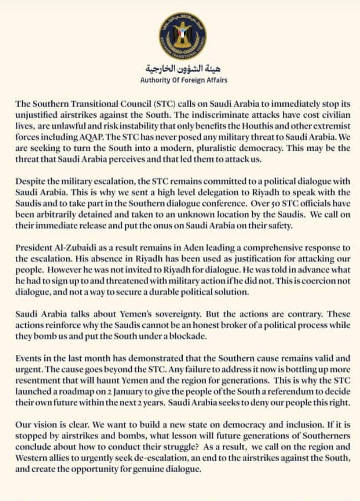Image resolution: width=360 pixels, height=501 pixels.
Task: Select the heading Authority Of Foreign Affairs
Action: [x=183, y=80]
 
